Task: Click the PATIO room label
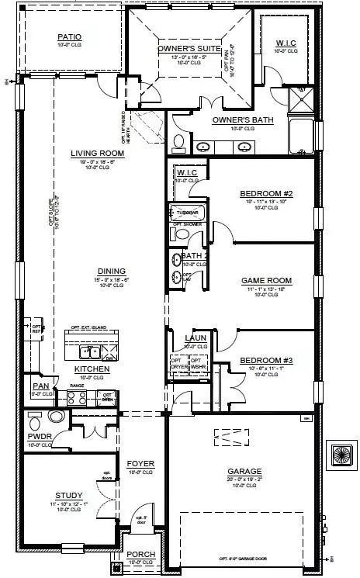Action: pos(70,36)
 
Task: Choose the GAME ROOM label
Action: pos(266,280)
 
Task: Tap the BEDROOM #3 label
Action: pos(266,361)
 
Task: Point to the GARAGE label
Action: pos(244,471)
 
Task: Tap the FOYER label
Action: pos(141,464)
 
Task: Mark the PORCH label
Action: pos(141,554)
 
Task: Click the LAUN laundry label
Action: pos(194,338)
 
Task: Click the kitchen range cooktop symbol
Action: pos(77,398)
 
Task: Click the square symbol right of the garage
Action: pos(341,454)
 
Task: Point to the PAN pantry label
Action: pos(40,386)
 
